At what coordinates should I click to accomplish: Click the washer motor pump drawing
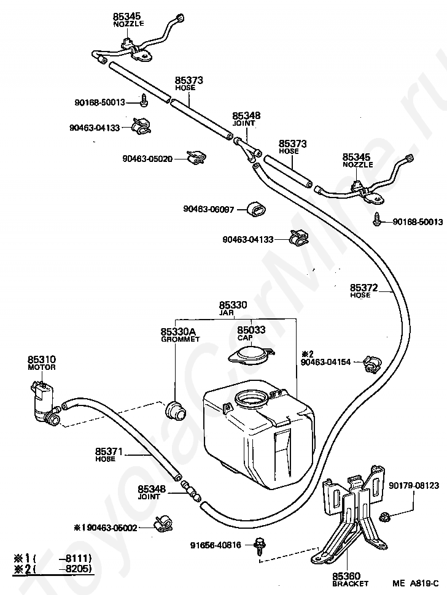(44, 403)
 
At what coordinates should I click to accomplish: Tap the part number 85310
(41, 359)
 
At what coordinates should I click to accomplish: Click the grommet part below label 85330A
(175, 410)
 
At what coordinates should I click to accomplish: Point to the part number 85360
(346, 576)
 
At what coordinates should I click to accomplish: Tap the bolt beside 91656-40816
(260, 545)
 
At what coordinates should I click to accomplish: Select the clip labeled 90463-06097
(256, 209)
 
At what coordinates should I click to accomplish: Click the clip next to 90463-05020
(196, 157)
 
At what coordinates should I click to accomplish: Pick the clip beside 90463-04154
(371, 364)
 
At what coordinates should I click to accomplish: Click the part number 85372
(364, 288)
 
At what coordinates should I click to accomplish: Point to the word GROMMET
(181, 339)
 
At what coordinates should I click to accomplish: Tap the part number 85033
(251, 330)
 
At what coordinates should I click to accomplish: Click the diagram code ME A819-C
(416, 583)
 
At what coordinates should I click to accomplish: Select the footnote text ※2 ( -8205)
(52, 569)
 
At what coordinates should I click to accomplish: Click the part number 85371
(109, 451)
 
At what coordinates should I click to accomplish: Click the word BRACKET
(350, 583)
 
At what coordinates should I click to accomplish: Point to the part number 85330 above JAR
(233, 305)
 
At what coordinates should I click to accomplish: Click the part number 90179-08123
(414, 485)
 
